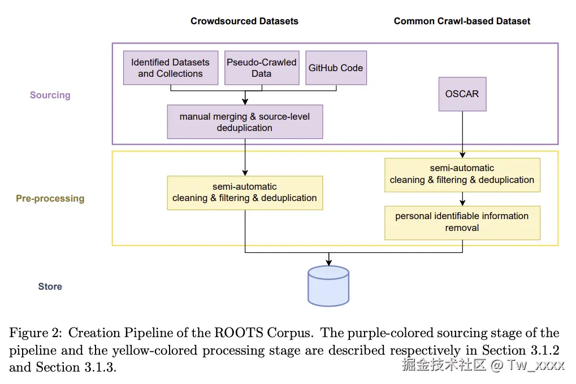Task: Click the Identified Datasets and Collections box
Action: coord(171,68)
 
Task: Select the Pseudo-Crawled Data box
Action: coord(262,68)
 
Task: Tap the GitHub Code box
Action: coord(336,68)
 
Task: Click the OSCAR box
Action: coord(462,94)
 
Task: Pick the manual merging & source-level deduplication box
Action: coord(245,122)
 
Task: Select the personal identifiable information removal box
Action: coord(462,223)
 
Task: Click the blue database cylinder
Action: coord(328,286)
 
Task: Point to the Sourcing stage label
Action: coord(50,95)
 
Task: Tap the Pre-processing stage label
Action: coord(50,199)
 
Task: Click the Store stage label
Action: coord(50,286)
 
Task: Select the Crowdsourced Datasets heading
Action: coord(244,21)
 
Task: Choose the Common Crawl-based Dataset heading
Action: coord(462,21)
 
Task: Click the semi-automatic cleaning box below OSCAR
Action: coord(462,175)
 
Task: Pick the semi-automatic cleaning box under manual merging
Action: coord(245,193)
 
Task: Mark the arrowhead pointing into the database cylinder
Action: coord(329,263)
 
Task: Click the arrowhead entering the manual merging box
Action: coord(245,102)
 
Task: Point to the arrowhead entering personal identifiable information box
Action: coord(462,203)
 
